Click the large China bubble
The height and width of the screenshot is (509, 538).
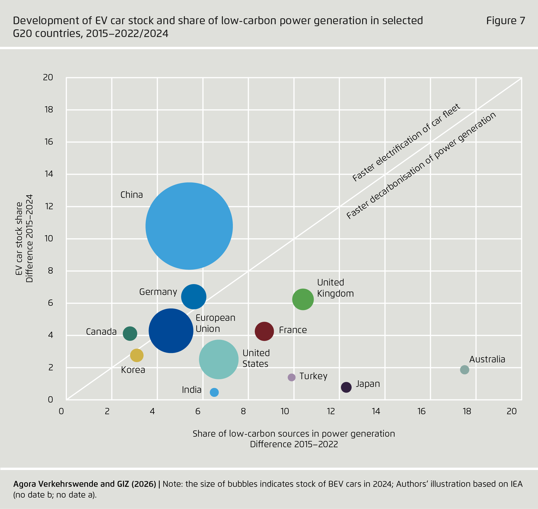189,226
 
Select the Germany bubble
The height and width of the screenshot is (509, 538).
194,297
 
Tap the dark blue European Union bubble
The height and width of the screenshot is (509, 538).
171,331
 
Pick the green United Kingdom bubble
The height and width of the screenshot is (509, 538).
303,299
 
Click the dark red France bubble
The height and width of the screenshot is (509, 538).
264,331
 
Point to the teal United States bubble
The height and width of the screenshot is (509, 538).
219,359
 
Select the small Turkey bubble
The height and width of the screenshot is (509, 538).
291,377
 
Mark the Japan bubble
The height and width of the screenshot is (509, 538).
346,387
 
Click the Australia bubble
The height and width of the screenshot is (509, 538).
465,370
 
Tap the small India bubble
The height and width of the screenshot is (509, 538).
214,392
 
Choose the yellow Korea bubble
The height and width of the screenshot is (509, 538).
137,355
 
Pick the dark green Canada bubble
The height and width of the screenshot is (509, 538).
130,333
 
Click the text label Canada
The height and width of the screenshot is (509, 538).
101,332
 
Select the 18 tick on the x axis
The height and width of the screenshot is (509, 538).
467,411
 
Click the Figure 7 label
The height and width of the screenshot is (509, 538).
506,21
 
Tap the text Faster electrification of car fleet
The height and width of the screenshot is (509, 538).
406,143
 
